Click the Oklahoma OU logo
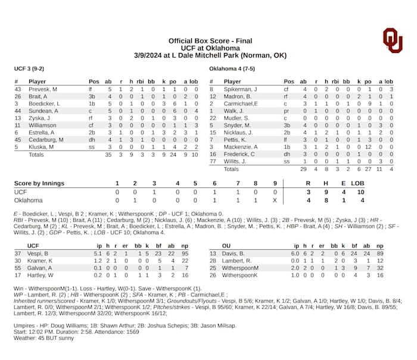point(393,40)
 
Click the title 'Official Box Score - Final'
point(210,41)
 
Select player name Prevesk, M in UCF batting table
point(43,89)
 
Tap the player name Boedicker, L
point(45,104)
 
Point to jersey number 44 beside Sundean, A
point(18,111)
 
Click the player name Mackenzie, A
point(241,146)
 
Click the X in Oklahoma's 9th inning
point(275,200)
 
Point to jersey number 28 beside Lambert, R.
point(213,260)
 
